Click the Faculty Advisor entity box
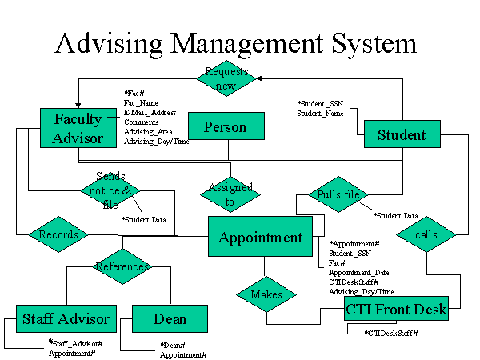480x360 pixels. point(78,129)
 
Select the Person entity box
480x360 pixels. point(225,126)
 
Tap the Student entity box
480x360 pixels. point(401,134)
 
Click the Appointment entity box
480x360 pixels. point(260,237)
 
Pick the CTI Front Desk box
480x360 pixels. point(397,307)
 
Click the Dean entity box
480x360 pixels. point(170,318)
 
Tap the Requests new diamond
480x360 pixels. point(227,78)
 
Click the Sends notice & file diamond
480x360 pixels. point(110,190)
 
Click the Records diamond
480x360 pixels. point(58,234)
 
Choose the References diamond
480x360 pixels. point(122,266)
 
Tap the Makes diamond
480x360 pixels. point(266,294)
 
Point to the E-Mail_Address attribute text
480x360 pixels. point(150,113)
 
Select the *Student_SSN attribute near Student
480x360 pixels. point(320,104)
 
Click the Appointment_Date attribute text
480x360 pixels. point(359,272)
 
